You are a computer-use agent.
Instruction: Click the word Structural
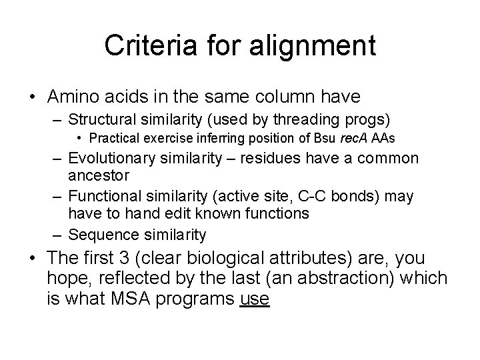point(107,120)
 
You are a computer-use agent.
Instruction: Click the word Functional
point(106,197)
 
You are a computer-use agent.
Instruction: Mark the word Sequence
point(99,235)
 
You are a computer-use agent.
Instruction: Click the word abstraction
point(363,279)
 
